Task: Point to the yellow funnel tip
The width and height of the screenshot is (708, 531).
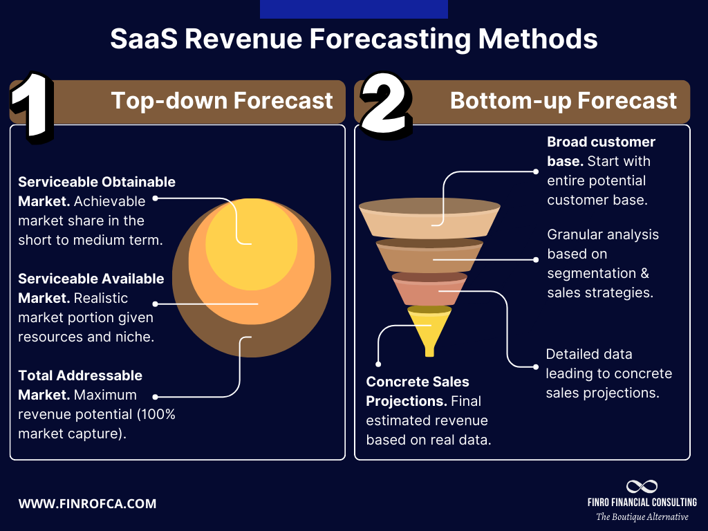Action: pyautogui.click(x=429, y=332)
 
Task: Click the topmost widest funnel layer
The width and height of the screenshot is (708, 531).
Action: pyautogui.click(x=429, y=216)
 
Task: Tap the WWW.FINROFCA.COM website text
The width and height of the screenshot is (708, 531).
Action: pyautogui.click(x=87, y=503)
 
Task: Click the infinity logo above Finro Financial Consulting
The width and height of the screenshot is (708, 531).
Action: pyautogui.click(x=642, y=487)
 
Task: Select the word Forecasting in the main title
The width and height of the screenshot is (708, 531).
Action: pyautogui.click(x=395, y=39)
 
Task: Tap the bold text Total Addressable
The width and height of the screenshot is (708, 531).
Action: pyautogui.click(x=80, y=375)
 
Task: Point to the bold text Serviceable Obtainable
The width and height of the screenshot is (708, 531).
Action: pyautogui.click(x=97, y=182)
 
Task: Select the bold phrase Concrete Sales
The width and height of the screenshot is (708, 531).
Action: pyautogui.click(x=418, y=382)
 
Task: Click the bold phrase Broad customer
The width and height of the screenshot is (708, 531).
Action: pyautogui.click(x=601, y=142)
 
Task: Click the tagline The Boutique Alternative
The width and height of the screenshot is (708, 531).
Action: pyautogui.click(x=642, y=517)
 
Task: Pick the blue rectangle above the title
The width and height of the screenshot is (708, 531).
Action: pyautogui.click(x=353, y=9)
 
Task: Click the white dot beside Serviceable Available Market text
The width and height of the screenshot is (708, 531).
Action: pyautogui.click(x=155, y=304)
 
